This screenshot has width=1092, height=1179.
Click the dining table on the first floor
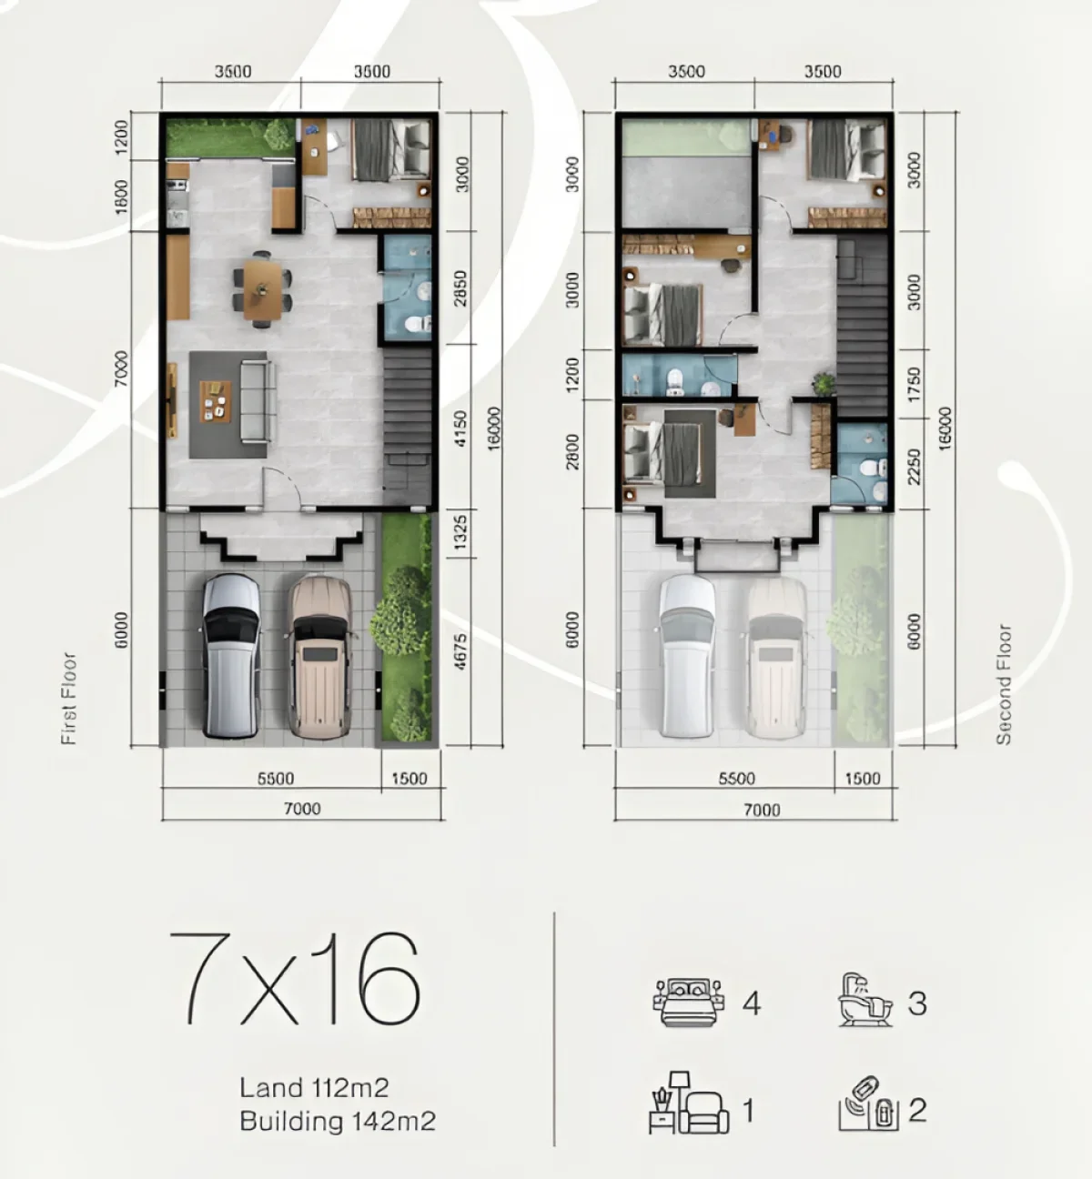tap(262, 289)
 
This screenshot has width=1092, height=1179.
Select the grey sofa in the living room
tap(257, 401)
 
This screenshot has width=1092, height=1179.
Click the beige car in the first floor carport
tap(319, 654)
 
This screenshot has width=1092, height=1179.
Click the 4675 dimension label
tap(460, 651)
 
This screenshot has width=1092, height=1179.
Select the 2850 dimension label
tap(460, 287)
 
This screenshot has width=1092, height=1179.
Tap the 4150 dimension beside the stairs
tap(460, 429)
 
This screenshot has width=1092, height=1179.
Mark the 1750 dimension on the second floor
tap(915, 385)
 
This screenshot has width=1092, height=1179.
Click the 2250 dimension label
tap(915, 466)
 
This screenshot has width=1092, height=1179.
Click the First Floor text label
tap(69, 699)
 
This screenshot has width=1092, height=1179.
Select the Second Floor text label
tap(1004, 684)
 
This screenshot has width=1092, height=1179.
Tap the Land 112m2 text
tap(314, 1087)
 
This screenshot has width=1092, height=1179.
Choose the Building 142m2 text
tap(337, 1121)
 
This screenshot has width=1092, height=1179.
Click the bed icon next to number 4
tap(688, 1003)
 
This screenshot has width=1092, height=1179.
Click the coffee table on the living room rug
tap(216, 401)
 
